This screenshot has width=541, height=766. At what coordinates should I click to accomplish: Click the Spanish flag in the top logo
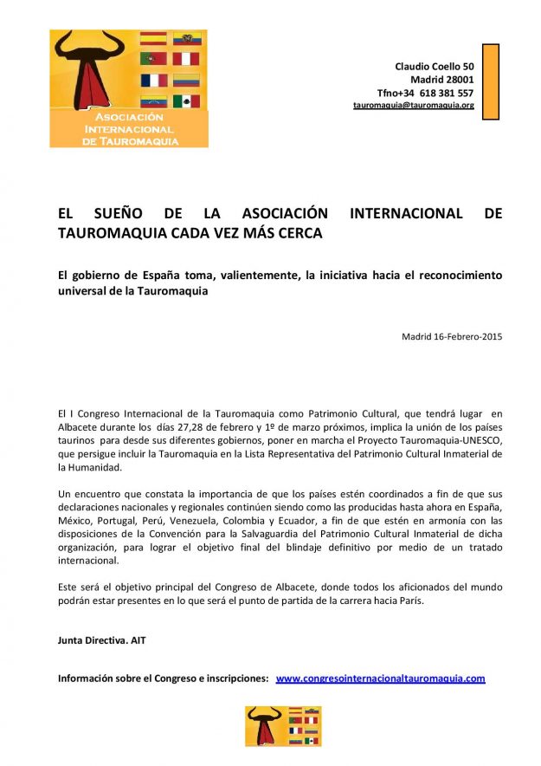coord(153,38)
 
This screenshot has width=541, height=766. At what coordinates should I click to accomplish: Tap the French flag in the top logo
coord(153,81)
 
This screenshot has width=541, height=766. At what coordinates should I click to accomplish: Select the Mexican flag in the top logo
coord(186,101)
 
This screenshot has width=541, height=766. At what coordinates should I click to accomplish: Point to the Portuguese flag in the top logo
coord(153,59)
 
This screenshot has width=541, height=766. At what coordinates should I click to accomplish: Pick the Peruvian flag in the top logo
coord(186,59)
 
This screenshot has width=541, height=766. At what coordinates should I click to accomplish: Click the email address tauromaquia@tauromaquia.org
coord(413,105)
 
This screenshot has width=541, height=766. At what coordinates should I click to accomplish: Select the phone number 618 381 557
coord(448,93)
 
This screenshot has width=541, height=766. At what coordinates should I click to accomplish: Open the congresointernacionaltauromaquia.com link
coord(380,678)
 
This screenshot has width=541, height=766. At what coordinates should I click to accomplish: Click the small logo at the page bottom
coord(270,726)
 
